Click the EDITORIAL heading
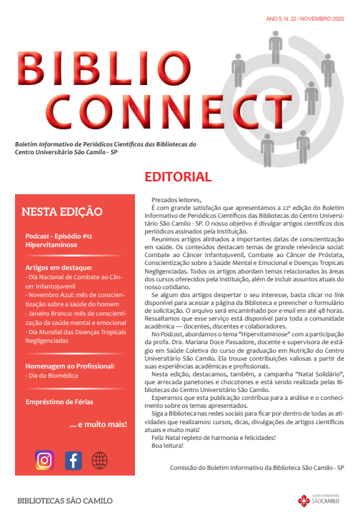point(178,177)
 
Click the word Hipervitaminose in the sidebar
point(51,244)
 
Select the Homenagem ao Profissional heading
point(70,364)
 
